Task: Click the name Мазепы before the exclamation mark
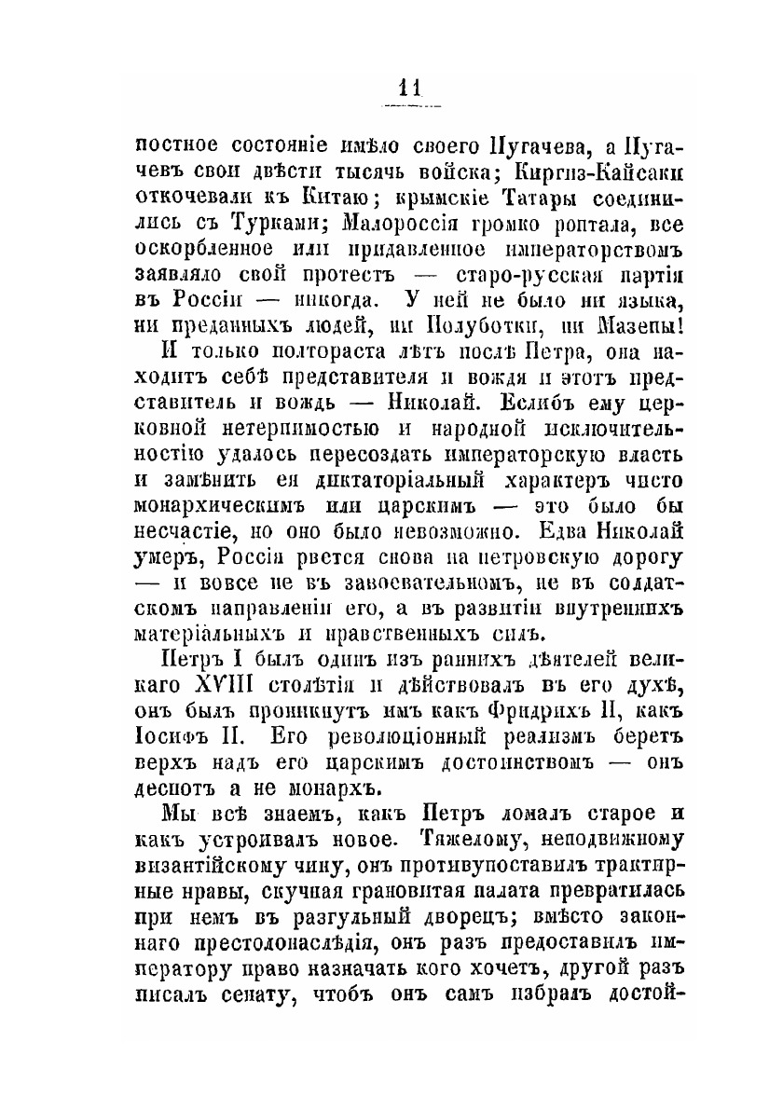pyautogui.click(x=628, y=327)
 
